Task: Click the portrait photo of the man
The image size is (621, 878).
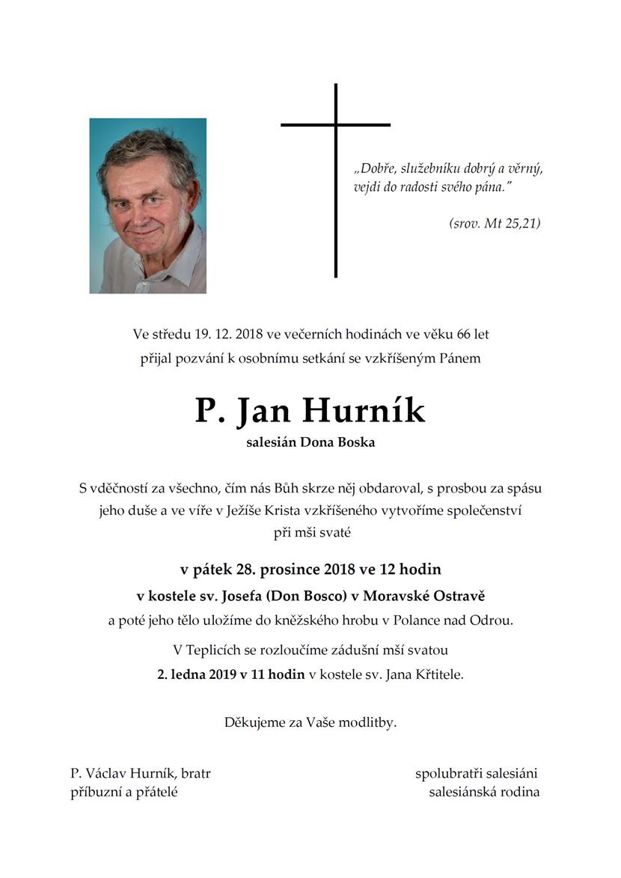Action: [x=148, y=205]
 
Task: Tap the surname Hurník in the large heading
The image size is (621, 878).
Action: [x=364, y=411]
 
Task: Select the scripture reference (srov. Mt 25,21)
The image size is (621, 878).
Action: [x=495, y=223]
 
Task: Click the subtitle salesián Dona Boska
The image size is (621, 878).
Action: [x=310, y=442]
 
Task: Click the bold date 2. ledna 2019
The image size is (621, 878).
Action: [x=198, y=674]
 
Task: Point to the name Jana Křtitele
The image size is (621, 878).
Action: [x=424, y=674]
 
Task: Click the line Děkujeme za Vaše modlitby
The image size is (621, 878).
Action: [x=310, y=722]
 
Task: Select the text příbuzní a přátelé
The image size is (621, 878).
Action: [x=124, y=792]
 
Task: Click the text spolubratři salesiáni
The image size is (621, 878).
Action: [x=477, y=773]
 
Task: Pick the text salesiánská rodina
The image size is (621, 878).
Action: [x=484, y=792]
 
